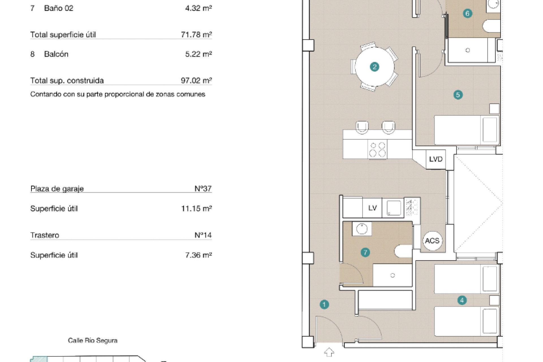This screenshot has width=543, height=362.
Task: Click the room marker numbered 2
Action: (374, 67)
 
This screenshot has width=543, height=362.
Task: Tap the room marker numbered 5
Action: (458, 95)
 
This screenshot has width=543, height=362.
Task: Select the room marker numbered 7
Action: (365, 252)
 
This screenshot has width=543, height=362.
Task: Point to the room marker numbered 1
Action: (324, 305)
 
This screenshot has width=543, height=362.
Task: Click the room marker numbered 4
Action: (462, 300)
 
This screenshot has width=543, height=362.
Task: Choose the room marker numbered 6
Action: (467, 13)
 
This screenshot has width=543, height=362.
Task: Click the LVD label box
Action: (436, 159)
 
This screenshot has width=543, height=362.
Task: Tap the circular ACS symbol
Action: (432, 241)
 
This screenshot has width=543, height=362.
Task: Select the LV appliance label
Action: (372, 208)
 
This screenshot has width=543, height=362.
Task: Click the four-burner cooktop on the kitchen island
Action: (377, 149)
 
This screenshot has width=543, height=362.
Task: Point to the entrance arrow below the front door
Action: (329, 352)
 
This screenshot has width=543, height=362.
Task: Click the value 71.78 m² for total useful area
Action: (196, 35)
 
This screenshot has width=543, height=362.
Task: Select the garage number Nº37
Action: (203, 189)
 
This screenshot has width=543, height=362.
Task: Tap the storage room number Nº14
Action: (203, 235)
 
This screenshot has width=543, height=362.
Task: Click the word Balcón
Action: (56, 54)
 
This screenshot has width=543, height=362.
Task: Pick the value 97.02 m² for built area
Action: (196, 81)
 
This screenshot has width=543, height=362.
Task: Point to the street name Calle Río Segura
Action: (93, 341)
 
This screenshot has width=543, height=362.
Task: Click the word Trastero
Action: (45, 235)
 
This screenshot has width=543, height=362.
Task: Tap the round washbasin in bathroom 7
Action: (362, 229)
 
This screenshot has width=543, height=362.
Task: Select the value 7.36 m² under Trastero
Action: (199, 255)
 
